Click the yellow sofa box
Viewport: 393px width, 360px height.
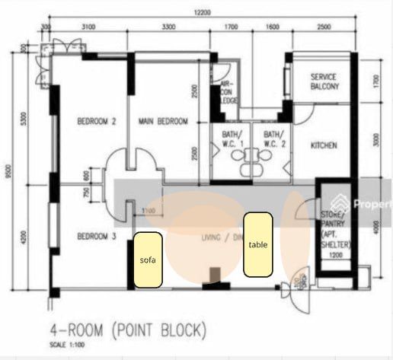[148, 260]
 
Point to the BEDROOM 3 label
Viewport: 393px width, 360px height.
[96, 237]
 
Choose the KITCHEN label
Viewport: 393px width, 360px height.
[324, 145]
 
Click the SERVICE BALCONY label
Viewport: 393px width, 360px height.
[329, 82]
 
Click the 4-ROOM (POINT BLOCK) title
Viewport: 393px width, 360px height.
[128, 330]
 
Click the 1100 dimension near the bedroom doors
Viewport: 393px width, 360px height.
[149, 211]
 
